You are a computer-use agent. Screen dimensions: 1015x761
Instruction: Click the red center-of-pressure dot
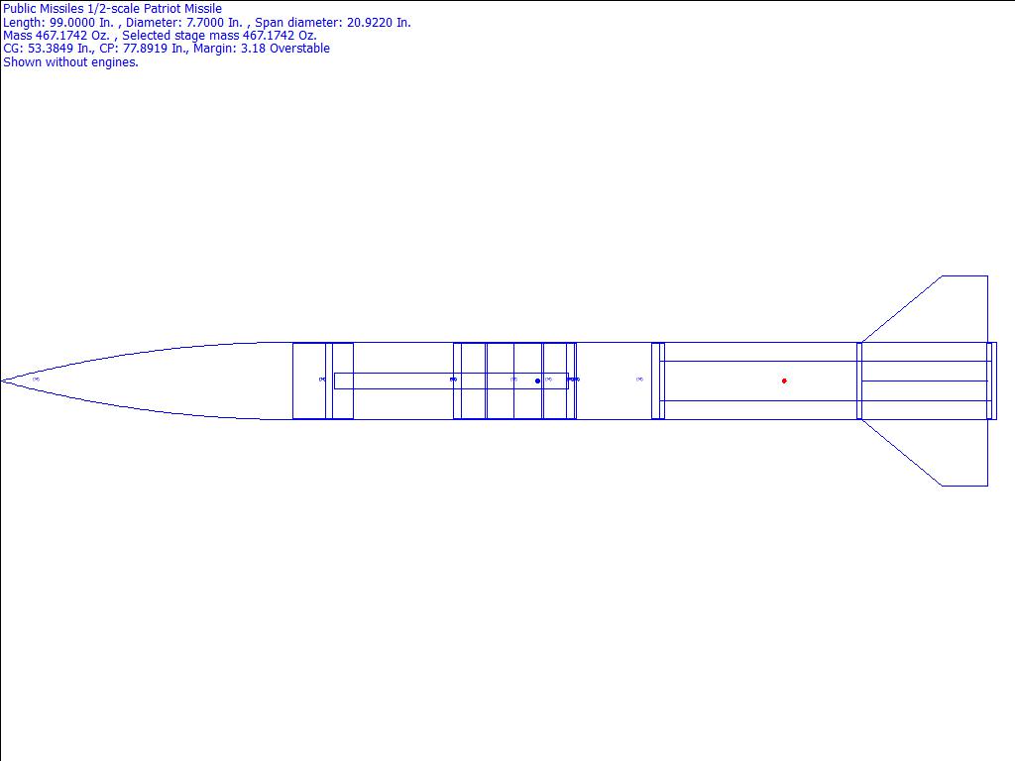click(784, 380)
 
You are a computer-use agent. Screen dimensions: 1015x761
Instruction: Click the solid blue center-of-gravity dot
click(537, 380)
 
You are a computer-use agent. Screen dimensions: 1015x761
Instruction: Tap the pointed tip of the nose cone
click(1, 380)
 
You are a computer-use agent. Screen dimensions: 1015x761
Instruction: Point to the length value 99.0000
click(71, 23)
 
